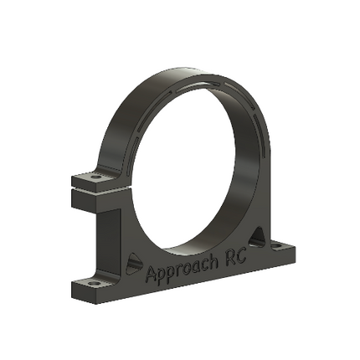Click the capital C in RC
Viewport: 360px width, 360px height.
click(x=238, y=260)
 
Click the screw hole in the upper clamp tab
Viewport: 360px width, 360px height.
click(x=96, y=177)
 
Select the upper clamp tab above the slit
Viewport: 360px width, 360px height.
click(x=92, y=180)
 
